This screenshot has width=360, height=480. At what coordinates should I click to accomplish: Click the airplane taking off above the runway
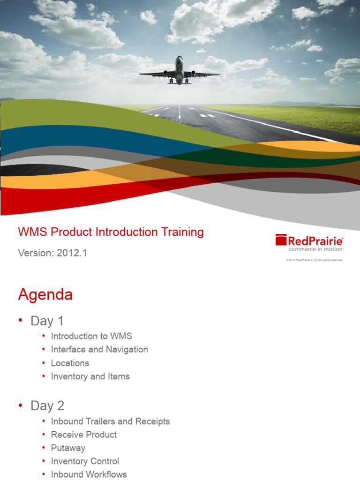point(180,71)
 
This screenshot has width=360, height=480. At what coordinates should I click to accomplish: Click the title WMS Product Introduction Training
point(111,232)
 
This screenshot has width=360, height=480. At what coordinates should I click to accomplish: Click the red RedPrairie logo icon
point(281,240)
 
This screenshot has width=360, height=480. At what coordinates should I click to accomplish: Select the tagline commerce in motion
point(315,249)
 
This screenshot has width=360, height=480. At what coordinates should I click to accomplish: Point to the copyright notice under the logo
point(315,260)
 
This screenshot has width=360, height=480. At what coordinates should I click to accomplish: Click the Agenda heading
point(45,295)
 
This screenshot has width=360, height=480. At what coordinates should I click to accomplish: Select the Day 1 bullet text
point(47,321)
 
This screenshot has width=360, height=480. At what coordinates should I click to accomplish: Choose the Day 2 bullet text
point(47,406)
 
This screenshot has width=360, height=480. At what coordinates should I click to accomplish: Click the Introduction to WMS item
point(91,336)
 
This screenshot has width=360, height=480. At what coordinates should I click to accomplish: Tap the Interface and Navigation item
point(99,350)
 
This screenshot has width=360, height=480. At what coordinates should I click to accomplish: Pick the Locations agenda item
point(70,363)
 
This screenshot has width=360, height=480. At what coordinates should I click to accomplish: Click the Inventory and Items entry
point(90,376)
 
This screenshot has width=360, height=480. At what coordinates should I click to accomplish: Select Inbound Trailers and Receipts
point(110,421)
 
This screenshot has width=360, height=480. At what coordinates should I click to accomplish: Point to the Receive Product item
point(84,435)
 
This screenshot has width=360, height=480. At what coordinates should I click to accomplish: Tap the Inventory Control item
point(85,461)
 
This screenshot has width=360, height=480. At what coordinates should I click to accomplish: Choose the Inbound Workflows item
point(89,474)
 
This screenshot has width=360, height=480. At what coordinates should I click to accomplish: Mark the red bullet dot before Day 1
point(20,321)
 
